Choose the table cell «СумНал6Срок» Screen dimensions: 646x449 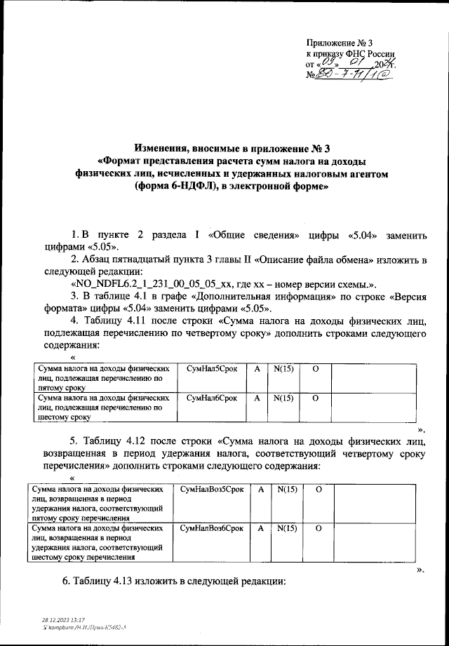pyautogui.click(x=213, y=397)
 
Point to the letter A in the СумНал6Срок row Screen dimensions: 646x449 pyautogui.click(x=257, y=397)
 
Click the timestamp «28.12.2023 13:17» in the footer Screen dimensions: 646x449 pyautogui.click(x=63, y=620)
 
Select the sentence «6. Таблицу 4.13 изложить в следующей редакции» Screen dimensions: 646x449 pyautogui.click(x=174, y=582)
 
